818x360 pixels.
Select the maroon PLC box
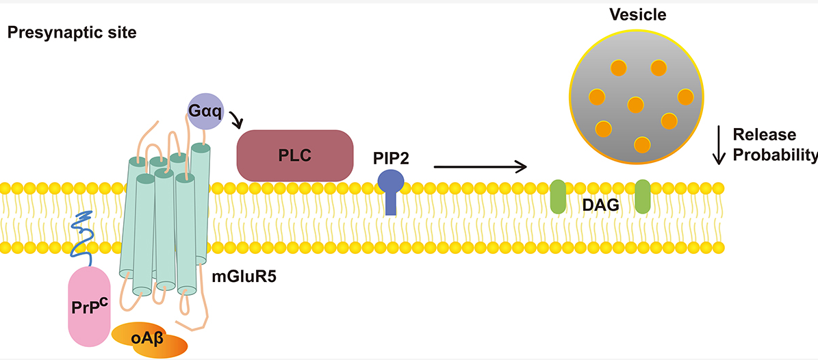click(295, 155)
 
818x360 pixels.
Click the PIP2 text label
click(390, 157)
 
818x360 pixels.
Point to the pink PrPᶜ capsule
click(89, 306)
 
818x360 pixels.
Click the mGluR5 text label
click(244, 275)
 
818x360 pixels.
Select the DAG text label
click(600, 205)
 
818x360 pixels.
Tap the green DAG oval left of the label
click(558, 196)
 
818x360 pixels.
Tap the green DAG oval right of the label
click(642, 196)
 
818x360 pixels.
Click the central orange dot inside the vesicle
click(635, 104)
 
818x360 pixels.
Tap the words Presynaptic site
click(71, 34)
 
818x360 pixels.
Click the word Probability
click(774, 155)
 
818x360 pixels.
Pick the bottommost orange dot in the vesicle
click(641, 144)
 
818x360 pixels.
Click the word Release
click(765, 135)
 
